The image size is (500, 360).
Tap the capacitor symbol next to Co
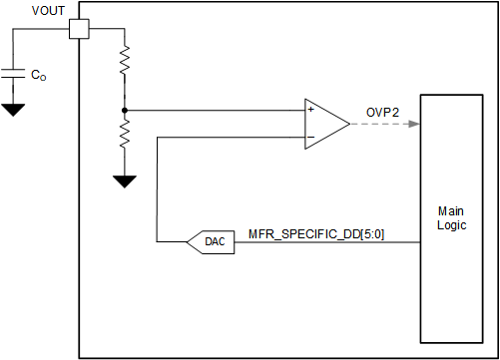click(x=14, y=73)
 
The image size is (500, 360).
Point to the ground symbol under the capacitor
click(x=14, y=108)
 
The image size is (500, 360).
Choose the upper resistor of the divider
click(x=124, y=64)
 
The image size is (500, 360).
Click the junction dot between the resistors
click(x=124, y=109)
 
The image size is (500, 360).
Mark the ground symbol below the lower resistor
click(x=124, y=180)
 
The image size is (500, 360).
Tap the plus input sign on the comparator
click(x=311, y=110)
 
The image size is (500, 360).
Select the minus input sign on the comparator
click(x=311, y=137)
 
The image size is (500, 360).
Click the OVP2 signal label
click(x=382, y=113)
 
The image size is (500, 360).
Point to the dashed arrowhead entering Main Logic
click(x=413, y=124)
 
